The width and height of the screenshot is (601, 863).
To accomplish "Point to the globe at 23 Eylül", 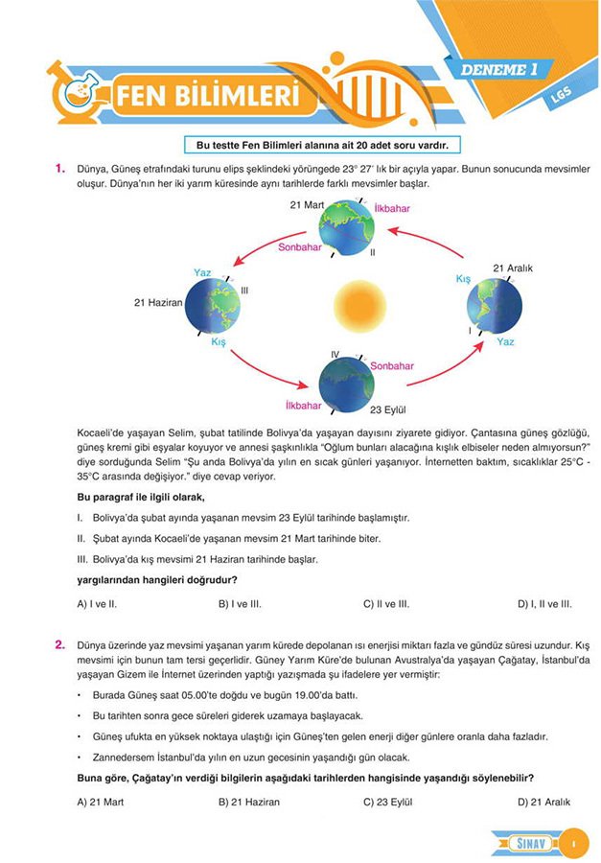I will point(347,382).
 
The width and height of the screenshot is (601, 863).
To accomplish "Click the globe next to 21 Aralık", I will point(494,306).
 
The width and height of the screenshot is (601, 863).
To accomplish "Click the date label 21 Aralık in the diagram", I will point(512,268).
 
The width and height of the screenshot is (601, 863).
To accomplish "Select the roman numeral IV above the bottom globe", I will point(335,355).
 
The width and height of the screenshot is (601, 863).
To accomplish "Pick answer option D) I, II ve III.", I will point(544,604).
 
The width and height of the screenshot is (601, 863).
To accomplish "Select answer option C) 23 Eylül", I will point(392,802).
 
